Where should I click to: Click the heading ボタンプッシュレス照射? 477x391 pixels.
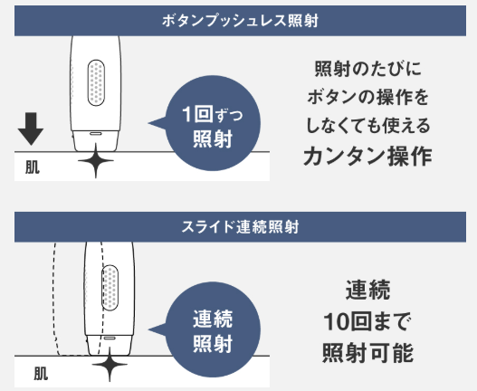point(240,21)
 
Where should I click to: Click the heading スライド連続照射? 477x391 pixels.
point(240,227)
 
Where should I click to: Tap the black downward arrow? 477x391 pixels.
point(31,129)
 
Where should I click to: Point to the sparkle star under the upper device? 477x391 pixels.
point(96,160)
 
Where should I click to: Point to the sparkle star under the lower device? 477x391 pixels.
point(110,364)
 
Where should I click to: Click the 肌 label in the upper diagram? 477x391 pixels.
point(33,167)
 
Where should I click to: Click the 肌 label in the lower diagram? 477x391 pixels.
point(41,374)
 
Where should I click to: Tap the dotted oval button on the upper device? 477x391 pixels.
point(96,82)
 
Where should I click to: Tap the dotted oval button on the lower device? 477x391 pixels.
point(110,288)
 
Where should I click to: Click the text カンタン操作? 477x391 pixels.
point(368,156)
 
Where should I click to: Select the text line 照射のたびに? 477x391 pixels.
point(368,69)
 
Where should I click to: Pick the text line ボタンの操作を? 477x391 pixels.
point(368,98)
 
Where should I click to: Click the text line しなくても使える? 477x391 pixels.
point(368,126)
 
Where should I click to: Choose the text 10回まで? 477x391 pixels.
point(367,321)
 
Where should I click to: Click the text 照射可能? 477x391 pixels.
point(367,352)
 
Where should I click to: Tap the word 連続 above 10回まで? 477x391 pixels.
point(367,290)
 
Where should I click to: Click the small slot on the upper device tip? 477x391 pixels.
point(96,133)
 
